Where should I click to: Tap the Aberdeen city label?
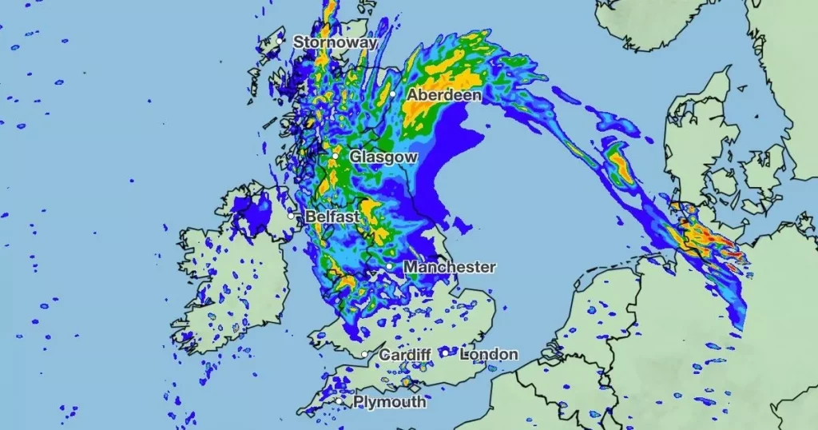(444, 95)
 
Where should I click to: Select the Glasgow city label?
(383, 157)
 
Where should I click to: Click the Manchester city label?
(450, 267)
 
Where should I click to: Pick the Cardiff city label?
(405, 354)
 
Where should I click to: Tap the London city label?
(489, 354)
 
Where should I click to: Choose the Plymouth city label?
(390, 401)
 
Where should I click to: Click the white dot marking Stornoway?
(280, 40)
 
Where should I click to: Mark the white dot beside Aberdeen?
(392, 94)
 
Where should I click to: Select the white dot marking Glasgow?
(336, 157)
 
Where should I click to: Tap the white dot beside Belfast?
(292, 215)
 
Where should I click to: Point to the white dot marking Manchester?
(389, 267)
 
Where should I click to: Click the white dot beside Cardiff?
(364, 354)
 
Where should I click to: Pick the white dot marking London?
(445, 352)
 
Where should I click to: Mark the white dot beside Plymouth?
(342, 400)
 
